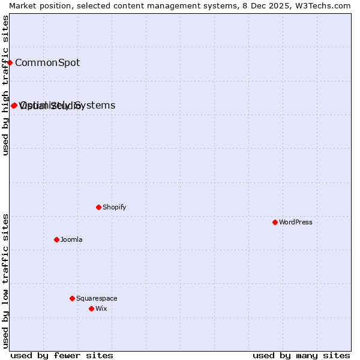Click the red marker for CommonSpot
pos(10,62)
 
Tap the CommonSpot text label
pos(47,62)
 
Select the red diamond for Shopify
pos(98,207)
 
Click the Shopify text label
pos(115,207)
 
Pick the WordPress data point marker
pos(275,222)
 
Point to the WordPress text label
pos(296,222)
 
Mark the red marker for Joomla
pos(56,239)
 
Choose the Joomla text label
pos(71,239)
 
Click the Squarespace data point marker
pos(72,298)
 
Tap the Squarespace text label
pos(97,298)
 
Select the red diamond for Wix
pos(91,308)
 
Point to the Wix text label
pos(101,308)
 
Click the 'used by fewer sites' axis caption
pos(62,355)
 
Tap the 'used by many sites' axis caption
pos(301,355)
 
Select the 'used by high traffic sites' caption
pos(5,85)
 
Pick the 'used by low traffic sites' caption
pos(5,281)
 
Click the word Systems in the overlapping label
pos(95,105)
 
